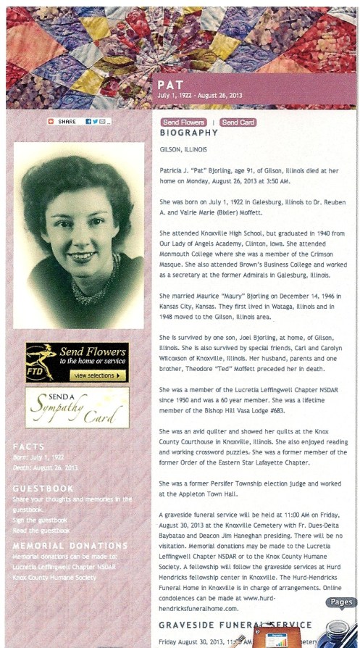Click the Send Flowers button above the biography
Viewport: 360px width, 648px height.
(184, 122)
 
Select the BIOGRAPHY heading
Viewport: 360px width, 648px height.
(188, 133)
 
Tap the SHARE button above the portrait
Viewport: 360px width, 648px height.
(67, 122)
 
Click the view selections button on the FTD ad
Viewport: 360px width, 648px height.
(99, 375)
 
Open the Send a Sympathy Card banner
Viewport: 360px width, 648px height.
(77, 407)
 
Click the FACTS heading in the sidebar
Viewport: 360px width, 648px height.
(28, 446)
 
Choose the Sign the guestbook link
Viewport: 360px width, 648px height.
(41, 520)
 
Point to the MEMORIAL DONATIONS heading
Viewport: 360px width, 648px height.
(70, 545)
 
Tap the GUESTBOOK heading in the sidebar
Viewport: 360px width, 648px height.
(43, 489)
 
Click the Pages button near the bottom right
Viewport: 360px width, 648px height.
(340, 602)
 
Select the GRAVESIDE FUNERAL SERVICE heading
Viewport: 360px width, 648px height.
(235, 625)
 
